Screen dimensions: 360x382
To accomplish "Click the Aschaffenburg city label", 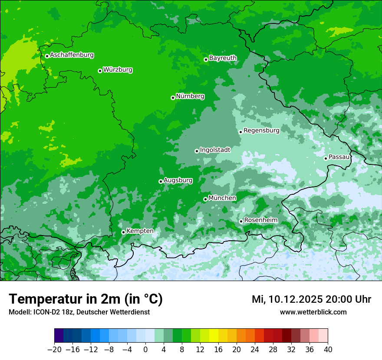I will click(x=72, y=55).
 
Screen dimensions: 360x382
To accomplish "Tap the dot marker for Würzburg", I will click(x=100, y=71).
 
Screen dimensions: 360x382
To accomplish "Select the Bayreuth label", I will click(x=223, y=58).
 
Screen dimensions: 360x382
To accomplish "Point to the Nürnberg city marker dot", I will click(x=173, y=98).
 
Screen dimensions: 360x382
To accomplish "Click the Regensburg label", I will click(x=261, y=130).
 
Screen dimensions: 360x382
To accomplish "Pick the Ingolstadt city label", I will click(x=215, y=150).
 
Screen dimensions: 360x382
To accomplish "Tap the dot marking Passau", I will click(x=326, y=158).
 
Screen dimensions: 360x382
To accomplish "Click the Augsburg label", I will click(x=178, y=180).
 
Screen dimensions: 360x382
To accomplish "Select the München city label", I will click(x=222, y=198).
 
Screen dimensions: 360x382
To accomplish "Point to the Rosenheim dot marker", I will click(x=241, y=222).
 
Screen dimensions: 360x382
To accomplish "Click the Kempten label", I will click(x=140, y=231).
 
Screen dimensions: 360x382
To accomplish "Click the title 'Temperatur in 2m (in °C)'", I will click(x=86, y=299).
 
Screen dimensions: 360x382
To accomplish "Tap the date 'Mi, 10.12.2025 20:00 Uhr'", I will click(x=311, y=299).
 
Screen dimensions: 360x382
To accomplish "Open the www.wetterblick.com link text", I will click(x=313, y=312).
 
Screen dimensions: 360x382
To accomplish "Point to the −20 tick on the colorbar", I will click(x=55, y=349).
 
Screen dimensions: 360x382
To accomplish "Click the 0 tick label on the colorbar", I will click(x=145, y=349).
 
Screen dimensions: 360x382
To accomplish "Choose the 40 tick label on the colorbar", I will click(x=328, y=349).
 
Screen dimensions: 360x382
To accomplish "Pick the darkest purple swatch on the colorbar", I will click(x=59, y=336).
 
